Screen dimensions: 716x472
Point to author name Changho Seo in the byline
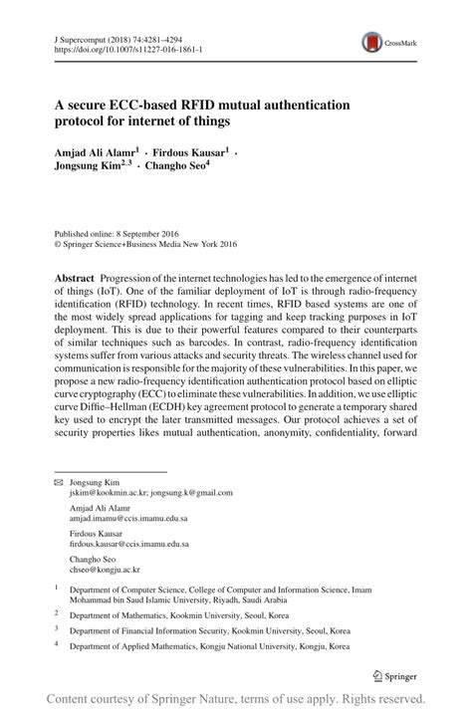(x=175, y=168)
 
